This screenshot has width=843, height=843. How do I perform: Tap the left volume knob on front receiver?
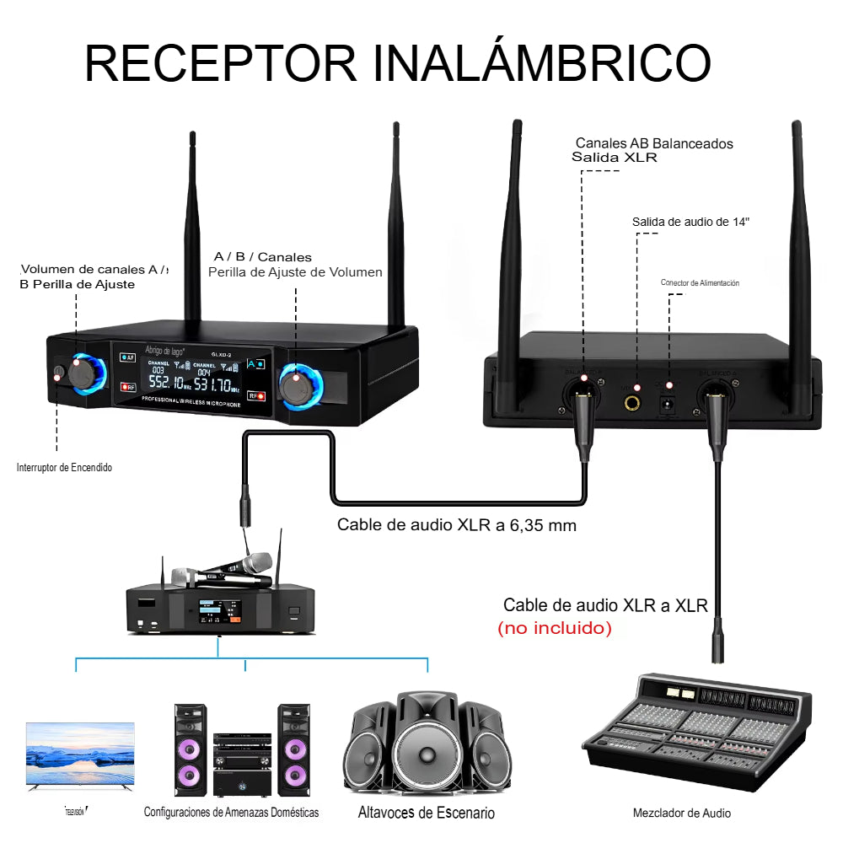[84, 372]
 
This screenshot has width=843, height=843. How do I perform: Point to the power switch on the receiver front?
[58, 373]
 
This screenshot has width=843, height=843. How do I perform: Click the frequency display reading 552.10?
[169, 384]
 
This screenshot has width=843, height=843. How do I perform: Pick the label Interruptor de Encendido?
[64, 467]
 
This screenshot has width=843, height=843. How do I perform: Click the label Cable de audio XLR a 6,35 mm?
[457, 524]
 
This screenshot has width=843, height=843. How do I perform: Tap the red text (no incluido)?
[554, 628]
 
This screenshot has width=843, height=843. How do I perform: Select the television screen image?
[80, 754]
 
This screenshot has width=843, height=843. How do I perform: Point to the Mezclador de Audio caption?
[681, 813]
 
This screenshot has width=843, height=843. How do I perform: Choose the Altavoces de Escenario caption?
[426, 813]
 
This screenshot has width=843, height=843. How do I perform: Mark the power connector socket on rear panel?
[669, 404]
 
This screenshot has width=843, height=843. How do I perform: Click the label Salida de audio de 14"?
[690, 222]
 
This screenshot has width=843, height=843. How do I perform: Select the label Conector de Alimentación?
[700, 283]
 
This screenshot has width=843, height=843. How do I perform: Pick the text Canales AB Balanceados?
[654, 143]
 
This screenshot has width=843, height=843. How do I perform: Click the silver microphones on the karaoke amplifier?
[221, 571]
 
